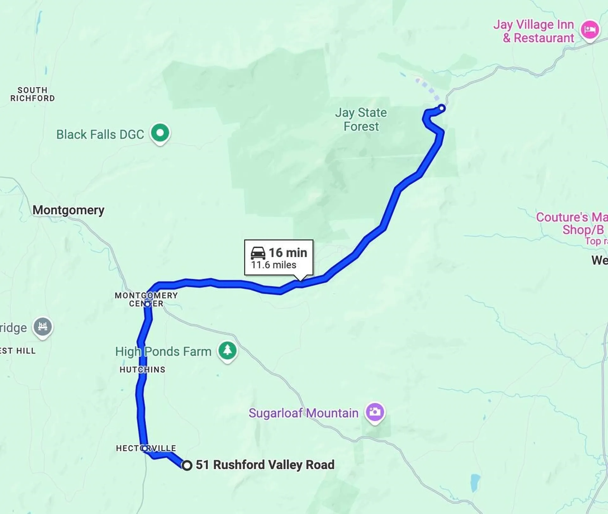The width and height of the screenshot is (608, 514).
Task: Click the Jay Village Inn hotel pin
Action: [x=589, y=30]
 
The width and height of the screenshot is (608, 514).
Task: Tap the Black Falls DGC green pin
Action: [x=160, y=132]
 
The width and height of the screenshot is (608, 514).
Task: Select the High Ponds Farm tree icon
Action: [x=227, y=350]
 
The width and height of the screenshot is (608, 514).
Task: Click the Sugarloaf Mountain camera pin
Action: [x=375, y=412]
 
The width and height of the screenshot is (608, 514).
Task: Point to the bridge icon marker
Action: [x=42, y=327]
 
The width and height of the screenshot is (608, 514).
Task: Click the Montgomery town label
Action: [x=68, y=210]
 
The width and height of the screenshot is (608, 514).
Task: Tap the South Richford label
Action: [x=32, y=94]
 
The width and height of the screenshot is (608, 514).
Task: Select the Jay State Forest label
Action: [x=361, y=119]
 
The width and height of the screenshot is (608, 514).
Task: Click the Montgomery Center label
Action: [x=146, y=299]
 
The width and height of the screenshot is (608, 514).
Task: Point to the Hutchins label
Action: [x=142, y=370]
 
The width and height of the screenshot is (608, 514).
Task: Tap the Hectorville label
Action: [x=146, y=448]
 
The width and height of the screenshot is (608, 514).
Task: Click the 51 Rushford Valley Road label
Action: [x=265, y=465]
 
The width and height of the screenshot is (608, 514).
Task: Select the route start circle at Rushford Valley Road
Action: [x=187, y=465]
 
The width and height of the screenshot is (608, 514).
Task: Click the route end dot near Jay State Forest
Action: [x=441, y=109]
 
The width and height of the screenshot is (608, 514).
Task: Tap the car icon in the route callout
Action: [x=258, y=253]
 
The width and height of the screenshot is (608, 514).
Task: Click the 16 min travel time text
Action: [x=288, y=253]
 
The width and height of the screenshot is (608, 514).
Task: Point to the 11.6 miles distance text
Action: [x=274, y=265]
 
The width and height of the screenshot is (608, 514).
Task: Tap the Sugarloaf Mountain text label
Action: [x=303, y=413]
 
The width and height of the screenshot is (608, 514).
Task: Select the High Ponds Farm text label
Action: [x=163, y=352]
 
